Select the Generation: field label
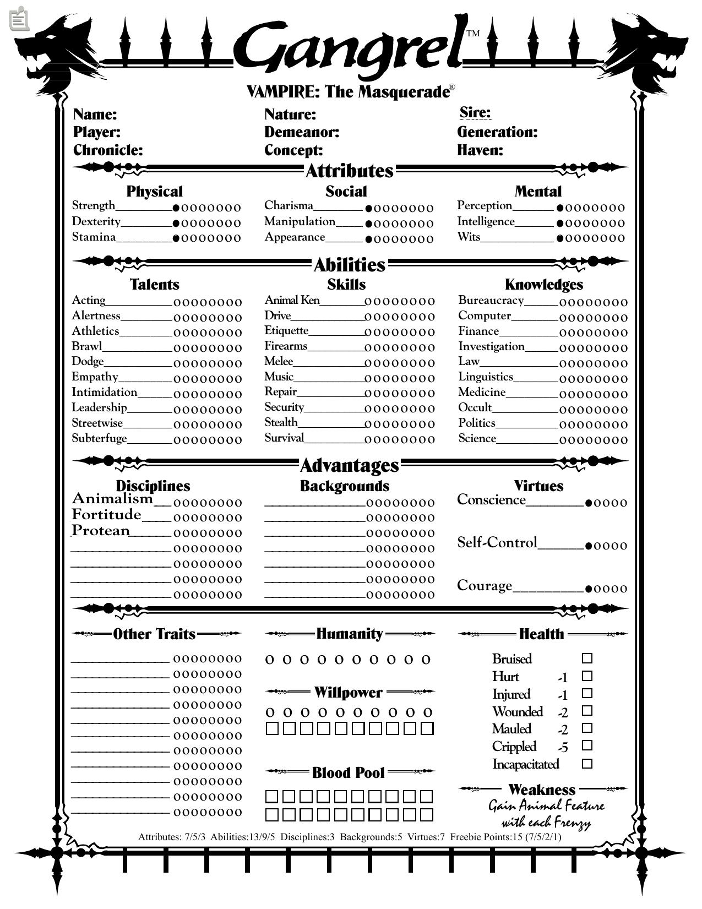497,132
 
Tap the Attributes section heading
349,171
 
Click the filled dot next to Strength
176,208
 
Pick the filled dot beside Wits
560,238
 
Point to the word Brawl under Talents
87,346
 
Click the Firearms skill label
286,346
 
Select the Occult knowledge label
475,407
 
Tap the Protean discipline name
101,530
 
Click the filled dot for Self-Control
589,546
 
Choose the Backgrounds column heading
345,486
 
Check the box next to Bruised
587,658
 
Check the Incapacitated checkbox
587,764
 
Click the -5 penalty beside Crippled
563,747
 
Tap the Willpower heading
348,692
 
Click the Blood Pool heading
348,772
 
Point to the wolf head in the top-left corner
55,52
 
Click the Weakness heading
542,790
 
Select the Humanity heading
349,634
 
